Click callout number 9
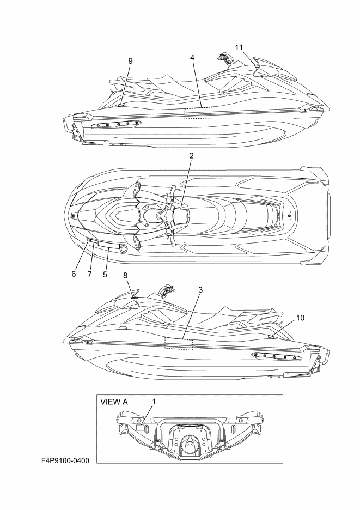(x=131, y=61)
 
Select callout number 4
(x=192, y=58)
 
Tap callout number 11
(x=239, y=47)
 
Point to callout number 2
(x=192, y=155)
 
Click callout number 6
(x=74, y=274)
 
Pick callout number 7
(x=89, y=274)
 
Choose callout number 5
(x=105, y=274)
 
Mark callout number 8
(x=125, y=276)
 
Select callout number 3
(x=200, y=289)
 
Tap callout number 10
(x=301, y=318)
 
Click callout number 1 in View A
(x=154, y=402)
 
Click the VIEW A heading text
(x=114, y=402)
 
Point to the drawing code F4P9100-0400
(x=65, y=460)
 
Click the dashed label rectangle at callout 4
(x=198, y=113)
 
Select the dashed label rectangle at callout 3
(x=179, y=343)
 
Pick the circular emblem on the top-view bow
(x=74, y=216)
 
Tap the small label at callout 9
(x=121, y=105)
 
